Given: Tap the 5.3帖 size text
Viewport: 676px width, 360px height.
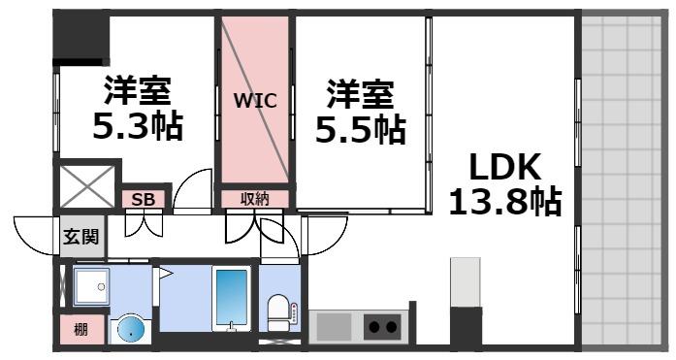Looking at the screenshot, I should [137, 127].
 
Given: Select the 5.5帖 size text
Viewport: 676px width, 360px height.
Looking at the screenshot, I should [359, 129].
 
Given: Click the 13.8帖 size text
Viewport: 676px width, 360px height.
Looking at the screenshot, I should [504, 204].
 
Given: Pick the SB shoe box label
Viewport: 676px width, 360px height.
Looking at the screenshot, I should [143, 200].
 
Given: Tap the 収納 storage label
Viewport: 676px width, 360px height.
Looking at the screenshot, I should [254, 200].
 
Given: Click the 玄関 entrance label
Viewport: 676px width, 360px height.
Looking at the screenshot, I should [81, 236].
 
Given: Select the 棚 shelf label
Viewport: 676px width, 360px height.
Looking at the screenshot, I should [80, 330].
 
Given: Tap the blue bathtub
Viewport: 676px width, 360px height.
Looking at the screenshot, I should [231, 300].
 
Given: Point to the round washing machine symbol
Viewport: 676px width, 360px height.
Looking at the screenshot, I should [127, 330].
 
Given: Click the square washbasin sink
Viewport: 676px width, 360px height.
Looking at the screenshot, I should [94, 285].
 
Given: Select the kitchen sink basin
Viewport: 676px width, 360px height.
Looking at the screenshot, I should [333, 327].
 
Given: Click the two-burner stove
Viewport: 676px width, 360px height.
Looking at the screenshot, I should [383, 327].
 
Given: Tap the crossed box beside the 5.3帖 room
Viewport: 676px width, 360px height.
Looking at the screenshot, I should [87, 186].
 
